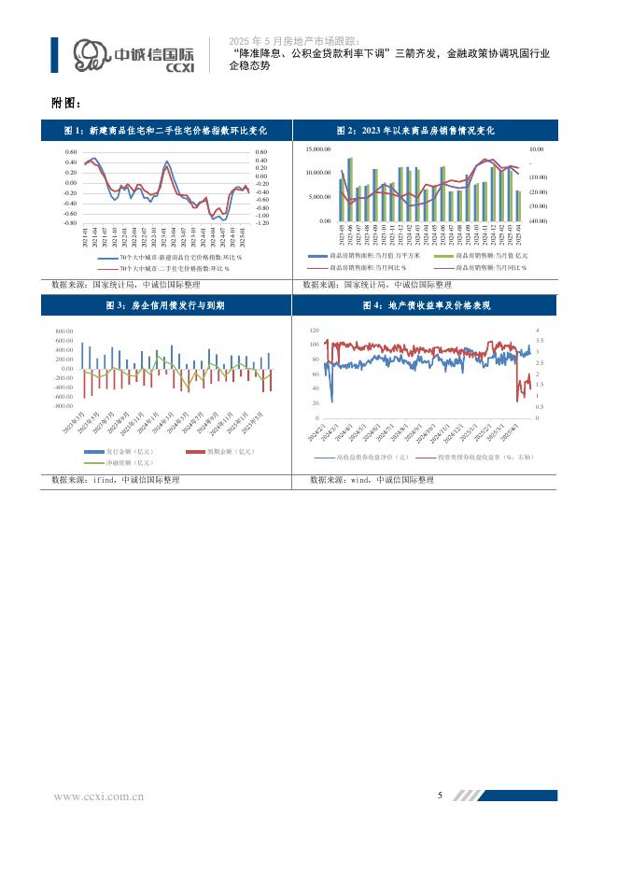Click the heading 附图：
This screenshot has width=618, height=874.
tap(66, 102)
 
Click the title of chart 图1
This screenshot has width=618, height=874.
tap(166, 132)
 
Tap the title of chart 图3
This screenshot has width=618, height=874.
tap(164, 305)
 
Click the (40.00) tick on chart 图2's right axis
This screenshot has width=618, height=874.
tap(538, 220)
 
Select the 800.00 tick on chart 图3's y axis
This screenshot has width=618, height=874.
tap(63, 331)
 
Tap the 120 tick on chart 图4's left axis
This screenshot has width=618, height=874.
tap(314, 330)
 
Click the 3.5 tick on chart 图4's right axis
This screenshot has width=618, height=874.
tap(538, 341)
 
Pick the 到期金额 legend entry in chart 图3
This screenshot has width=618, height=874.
tap(224, 452)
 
